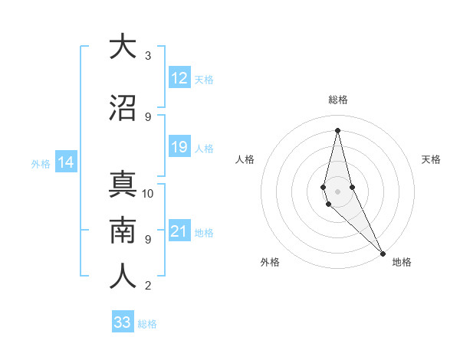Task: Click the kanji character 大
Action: pos(123,47)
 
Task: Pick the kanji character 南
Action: pos(123,231)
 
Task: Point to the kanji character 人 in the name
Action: pos(123,277)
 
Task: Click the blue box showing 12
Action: pos(179,78)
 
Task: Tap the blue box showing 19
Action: pos(179,147)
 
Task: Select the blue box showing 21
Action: pos(179,231)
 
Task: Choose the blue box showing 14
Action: pos(66,162)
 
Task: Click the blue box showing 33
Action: pos(123,322)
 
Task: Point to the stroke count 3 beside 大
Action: pos(148,56)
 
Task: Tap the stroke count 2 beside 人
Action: pos(148,286)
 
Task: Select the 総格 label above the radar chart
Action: pos(338,100)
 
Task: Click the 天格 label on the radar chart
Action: pos(432,159)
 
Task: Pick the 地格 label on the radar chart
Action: pos(402,262)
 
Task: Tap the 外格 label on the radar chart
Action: pos(270,262)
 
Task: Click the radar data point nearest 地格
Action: pos(383,252)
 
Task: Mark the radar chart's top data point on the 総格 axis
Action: pos(337,130)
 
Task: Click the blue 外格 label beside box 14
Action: pos(41,163)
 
